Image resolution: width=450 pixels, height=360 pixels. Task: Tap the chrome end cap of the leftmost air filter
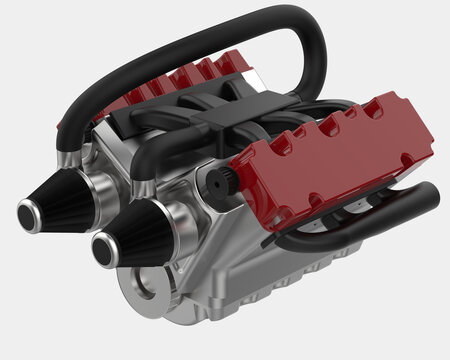[28, 211]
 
